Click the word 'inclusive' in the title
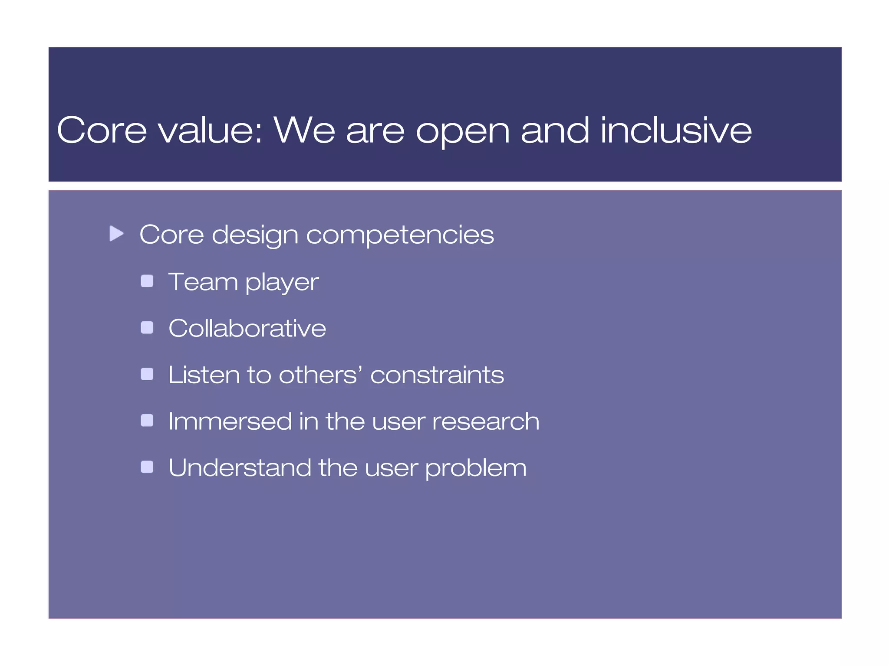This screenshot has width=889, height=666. pos(676,130)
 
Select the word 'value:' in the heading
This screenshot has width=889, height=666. pos(211,130)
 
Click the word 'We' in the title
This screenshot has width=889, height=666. pos(304,130)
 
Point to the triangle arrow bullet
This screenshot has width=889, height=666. pos(116,234)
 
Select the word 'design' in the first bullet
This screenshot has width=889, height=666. pos(255,235)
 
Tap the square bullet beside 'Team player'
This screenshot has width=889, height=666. pos(147,281)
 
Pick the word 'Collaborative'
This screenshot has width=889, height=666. pos(247,328)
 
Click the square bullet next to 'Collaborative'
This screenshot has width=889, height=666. pos(147,327)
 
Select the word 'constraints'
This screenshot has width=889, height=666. pos(437,375)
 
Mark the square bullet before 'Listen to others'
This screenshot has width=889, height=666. pos(147,374)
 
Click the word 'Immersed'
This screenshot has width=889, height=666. pos(230,421)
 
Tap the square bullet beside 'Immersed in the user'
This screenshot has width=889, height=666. pos(147,421)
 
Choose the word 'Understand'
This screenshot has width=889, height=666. pos(240,467)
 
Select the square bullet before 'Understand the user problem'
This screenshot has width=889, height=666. pos(147,467)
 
